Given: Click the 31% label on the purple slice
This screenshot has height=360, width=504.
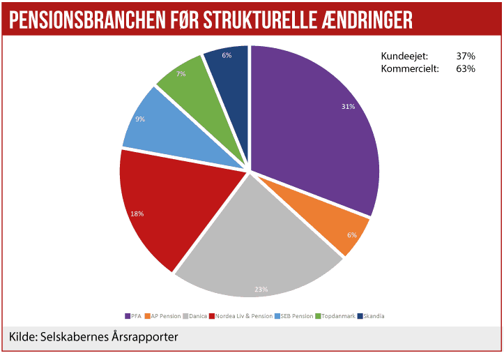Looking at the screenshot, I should (x=349, y=107).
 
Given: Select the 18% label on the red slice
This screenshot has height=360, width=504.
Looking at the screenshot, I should (x=137, y=213).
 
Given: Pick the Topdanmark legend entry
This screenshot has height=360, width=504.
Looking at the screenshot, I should (x=337, y=316).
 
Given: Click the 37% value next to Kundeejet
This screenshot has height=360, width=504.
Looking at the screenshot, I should (x=466, y=56).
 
